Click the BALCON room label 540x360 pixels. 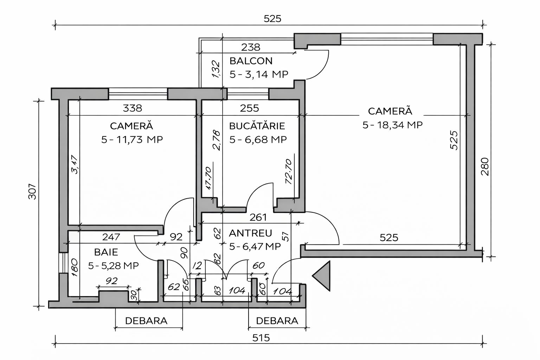(x=251, y=61)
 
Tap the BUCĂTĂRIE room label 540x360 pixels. (x=257, y=126)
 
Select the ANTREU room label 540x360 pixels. (x=250, y=233)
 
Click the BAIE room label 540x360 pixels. (x=106, y=252)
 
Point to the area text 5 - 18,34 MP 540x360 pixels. (x=392, y=125)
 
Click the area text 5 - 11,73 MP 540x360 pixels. (x=132, y=140)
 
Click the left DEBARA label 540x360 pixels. (x=146, y=321)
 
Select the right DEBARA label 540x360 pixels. (x=277, y=321)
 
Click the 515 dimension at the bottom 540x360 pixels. (x=261, y=338)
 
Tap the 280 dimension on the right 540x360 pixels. (x=484, y=167)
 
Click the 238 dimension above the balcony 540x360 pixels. (x=251, y=47)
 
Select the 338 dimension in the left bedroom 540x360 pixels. (x=133, y=108)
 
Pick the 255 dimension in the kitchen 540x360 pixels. (x=249, y=108)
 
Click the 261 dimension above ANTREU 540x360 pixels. (x=258, y=218)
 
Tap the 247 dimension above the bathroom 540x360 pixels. (x=111, y=237)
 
